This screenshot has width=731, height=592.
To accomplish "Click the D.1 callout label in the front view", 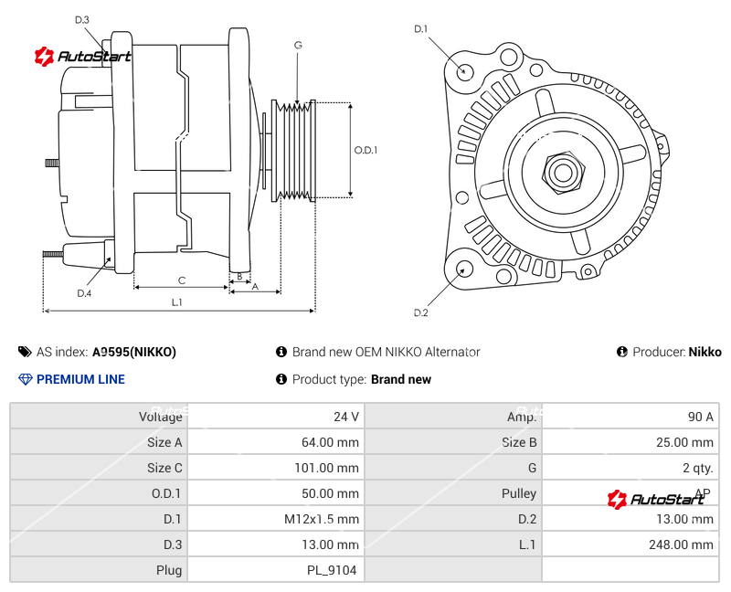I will point(420,29).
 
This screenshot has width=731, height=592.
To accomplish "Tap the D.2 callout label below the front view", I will point(420,312).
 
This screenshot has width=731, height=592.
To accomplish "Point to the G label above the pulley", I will point(298,45).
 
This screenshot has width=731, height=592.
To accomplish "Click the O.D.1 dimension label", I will point(365,150).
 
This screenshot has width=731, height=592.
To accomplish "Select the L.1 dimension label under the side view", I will point(177,301).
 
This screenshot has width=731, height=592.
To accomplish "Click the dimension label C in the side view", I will point(182,280).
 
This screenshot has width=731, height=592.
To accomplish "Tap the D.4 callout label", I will point(84,293).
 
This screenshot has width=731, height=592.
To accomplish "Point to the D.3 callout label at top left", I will point(81,19).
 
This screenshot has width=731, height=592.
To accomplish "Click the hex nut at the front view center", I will point(563,171).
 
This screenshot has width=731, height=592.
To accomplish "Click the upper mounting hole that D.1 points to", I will point(465,70).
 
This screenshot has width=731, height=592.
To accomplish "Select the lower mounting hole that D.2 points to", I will point(465,269).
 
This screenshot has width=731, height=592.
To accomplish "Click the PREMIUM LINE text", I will point(80,379).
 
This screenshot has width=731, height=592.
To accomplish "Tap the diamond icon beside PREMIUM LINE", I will point(25,379).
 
